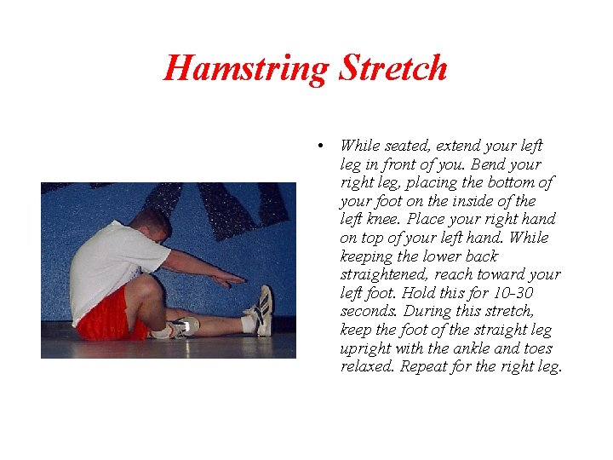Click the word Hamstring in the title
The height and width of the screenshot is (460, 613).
click(x=248, y=68)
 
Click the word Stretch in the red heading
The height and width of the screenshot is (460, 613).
click(x=392, y=68)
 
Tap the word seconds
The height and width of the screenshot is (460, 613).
click(x=368, y=311)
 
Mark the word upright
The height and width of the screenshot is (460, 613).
click(x=368, y=348)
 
